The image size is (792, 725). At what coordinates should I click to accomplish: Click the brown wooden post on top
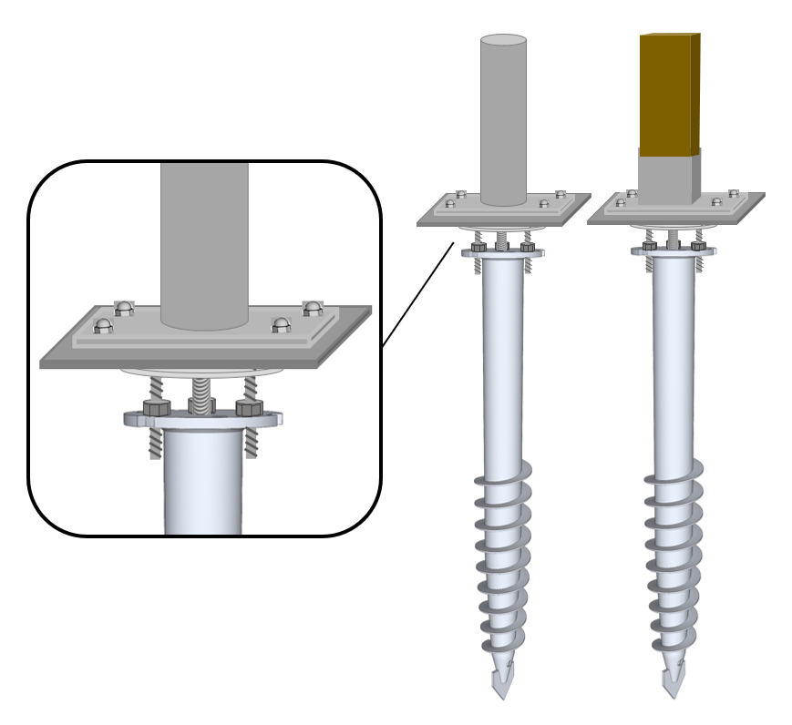pyautogui.click(x=669, y=91)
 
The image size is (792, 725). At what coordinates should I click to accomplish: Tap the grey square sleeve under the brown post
pyautogui.click(x=669, y=177)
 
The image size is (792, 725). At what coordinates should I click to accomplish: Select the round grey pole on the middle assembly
pyautogui.click(x=503, y=118)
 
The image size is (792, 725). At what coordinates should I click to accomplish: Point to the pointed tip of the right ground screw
pyautogui.click(x=673, y=681)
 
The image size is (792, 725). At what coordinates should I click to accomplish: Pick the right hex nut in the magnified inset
pyautogui.click(x=250, y=408)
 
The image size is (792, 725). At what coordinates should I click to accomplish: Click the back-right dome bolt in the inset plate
pyautogui.click(x=313, y=308)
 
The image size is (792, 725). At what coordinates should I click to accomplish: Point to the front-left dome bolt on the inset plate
pyautogui.click(x=103, y=325)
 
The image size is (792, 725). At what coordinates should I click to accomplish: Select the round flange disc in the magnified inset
pyautogui.click(x=137, y=420)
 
